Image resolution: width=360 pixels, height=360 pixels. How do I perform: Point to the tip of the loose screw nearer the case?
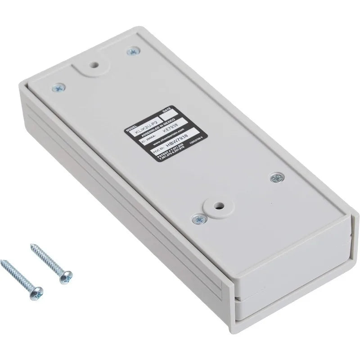coord(31,246)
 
